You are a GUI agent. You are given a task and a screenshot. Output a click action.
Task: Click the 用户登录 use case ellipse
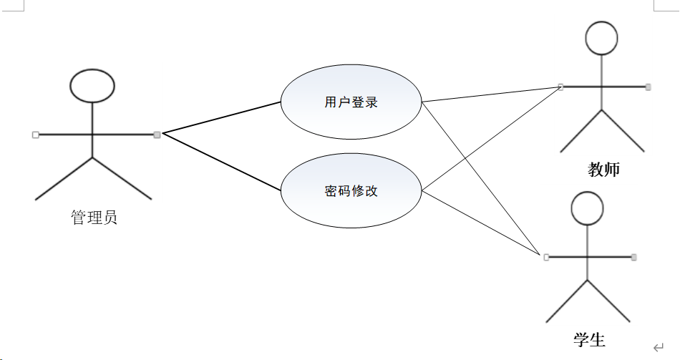tap(351, 102)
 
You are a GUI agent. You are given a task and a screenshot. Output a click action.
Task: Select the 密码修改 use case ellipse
tap(351, 191)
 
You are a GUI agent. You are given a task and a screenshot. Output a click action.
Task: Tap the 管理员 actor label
tap(94, 218)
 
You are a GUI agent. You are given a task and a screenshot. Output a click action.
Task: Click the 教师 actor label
tap(603, 170)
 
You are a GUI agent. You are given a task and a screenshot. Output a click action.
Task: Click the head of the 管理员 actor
tap(92, 84)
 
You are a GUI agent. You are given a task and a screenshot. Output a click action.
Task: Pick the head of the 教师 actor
tap(601, 38)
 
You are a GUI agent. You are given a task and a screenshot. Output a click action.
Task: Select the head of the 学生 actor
tap(588, 208)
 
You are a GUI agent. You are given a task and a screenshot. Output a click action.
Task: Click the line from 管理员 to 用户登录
tap(222, 117)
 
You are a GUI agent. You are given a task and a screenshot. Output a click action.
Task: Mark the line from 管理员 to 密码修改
tap(222, 162)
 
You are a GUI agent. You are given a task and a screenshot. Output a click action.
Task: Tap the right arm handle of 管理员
tap(157, 134)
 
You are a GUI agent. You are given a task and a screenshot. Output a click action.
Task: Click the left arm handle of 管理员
tap(35, 134)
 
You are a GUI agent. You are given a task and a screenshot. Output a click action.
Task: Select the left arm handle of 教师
tap(560, 87)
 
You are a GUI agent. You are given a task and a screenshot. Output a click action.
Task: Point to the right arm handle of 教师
tap(648, 87)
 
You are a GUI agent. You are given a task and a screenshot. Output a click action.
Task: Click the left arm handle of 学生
tap(546, 256)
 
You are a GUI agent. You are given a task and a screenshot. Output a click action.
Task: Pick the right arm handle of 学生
tap(634, 256)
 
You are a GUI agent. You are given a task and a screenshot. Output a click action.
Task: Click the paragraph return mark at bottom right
tap(658, 347)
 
